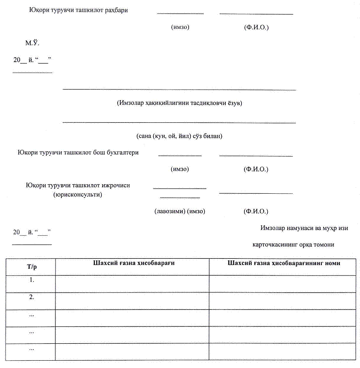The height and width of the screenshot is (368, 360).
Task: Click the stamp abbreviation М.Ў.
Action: click(x=32, y=43)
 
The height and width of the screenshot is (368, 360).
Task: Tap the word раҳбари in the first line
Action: click(x=117, y=10)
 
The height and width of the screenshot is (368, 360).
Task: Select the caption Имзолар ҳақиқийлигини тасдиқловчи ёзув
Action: click(x=179, y=103)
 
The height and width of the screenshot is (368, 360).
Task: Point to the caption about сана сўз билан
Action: click(x=179, y=136)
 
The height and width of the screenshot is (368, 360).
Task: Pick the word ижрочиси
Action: click(x=116, y=186)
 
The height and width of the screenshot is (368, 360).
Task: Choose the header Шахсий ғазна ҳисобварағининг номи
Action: click(x=283, y=263)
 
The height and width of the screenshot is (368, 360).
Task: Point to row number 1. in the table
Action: click(x=32, y=280)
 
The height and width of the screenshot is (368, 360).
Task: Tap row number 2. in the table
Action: click(x=32, y=297)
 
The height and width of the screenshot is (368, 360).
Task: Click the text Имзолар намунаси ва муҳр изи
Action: click(x=304, y=228)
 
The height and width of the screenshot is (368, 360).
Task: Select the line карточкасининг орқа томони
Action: click(x=293, y=245)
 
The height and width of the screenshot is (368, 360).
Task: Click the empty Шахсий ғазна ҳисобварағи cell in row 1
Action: click(x=132, y=284)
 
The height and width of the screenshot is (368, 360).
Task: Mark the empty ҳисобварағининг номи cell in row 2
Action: click(x=283, y=301)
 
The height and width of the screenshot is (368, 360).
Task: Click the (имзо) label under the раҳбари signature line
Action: click(x=180, y=27)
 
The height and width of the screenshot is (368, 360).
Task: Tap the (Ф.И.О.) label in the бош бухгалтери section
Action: click(x=256, y=169)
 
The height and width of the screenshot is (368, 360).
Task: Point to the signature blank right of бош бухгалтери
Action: click(x=180, y=154)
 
